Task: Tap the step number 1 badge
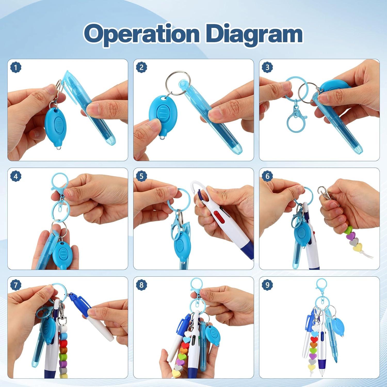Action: pos(16,68)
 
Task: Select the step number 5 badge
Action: pos(141,176)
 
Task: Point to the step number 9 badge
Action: pos(267,285)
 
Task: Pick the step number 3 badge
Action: pos(267,68)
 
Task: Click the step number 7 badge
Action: pos(16,285)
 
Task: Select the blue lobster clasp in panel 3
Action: pos(296,116)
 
